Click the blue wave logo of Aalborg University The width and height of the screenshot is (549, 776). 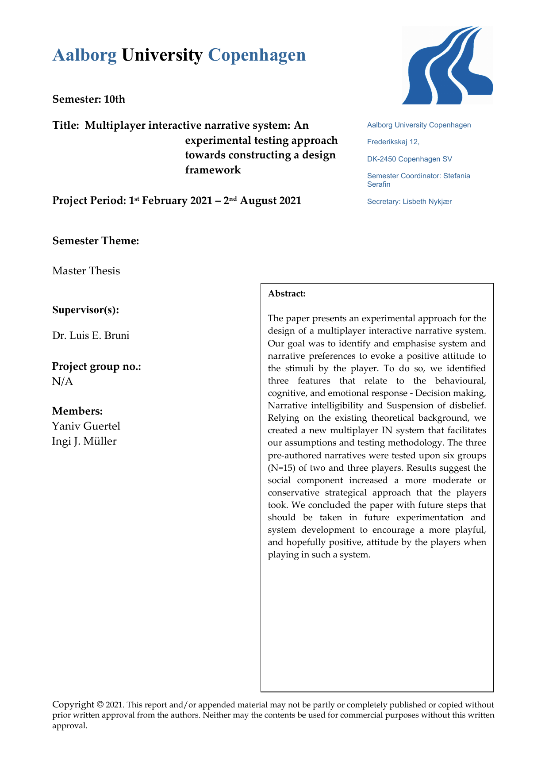tap(447, 65)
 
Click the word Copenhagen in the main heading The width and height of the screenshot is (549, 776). tap(257, 55)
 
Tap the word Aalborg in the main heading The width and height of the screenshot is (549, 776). tap(84, 55)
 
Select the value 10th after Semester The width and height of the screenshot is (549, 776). tap(115, 99)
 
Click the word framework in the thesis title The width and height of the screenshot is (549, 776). tap(213, 170)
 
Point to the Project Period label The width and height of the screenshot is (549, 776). tap(88, 200)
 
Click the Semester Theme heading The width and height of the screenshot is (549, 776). tap(96, 241)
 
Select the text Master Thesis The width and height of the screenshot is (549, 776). tap(86, 271)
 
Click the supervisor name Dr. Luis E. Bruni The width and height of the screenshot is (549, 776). tap(91, 335)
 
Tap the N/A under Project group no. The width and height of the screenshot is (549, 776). tap(62, 381)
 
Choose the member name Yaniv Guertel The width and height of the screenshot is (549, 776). tap(86, 426)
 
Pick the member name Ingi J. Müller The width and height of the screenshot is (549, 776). tap(84, 441)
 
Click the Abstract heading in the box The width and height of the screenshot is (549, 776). tap(287, 294)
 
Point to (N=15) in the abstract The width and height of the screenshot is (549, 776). tap(283, 468)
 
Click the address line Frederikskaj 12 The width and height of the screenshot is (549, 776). tap(393, 142)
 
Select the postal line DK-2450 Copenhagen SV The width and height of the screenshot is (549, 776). tap(409, 159)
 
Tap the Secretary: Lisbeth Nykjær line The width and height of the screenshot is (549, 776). tap(409, 202)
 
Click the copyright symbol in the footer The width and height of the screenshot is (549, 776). tap(100, 704)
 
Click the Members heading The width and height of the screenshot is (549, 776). tap(77, 411)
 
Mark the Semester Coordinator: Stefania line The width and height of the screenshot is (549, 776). tap(418, 176)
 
